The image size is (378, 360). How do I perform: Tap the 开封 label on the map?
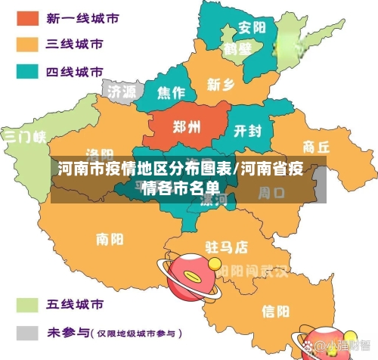tap(248, 131)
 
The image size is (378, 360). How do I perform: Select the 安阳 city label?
tap(252, 28)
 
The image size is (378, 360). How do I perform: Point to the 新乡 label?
tap(221, 84)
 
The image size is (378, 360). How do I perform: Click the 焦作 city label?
tap(170, 93)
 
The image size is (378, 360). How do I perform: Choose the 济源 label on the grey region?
tap(122, 91)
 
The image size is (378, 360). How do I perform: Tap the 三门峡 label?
tap(24, 137)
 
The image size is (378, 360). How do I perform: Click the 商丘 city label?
tap(316, 146)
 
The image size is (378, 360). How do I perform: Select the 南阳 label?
tap(110, 240)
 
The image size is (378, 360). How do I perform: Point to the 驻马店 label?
tap(227, 247)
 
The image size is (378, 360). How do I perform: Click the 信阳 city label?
tap(275, 310)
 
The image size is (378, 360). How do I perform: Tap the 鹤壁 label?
tap(237, 50)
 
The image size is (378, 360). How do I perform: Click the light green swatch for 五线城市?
tap(28, 306)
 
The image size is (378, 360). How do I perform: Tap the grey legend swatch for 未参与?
tap(28, 332)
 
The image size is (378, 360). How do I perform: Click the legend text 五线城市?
tap(75, 306)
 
